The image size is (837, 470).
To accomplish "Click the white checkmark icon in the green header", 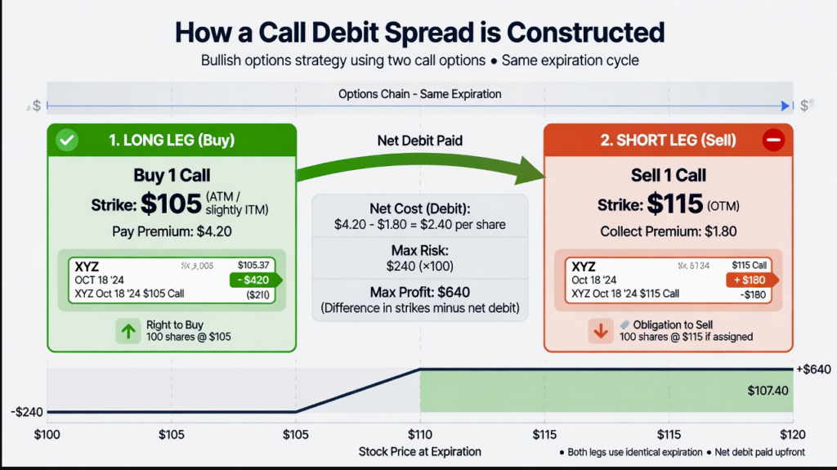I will point(67,141).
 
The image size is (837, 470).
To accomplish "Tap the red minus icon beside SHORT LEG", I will point(772,141).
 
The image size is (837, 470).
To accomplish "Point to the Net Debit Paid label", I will point(419,141).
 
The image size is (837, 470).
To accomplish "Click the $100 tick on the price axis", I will point(47,434).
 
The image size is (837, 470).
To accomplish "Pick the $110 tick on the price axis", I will point(420,434).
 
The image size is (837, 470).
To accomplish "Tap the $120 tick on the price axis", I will point(792,434).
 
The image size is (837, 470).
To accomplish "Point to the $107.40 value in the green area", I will point(768,391).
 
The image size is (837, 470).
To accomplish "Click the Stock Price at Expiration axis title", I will point(419,451).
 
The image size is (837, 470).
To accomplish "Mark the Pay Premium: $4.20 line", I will point(172,231).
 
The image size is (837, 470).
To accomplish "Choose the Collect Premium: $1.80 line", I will point(668,231).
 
